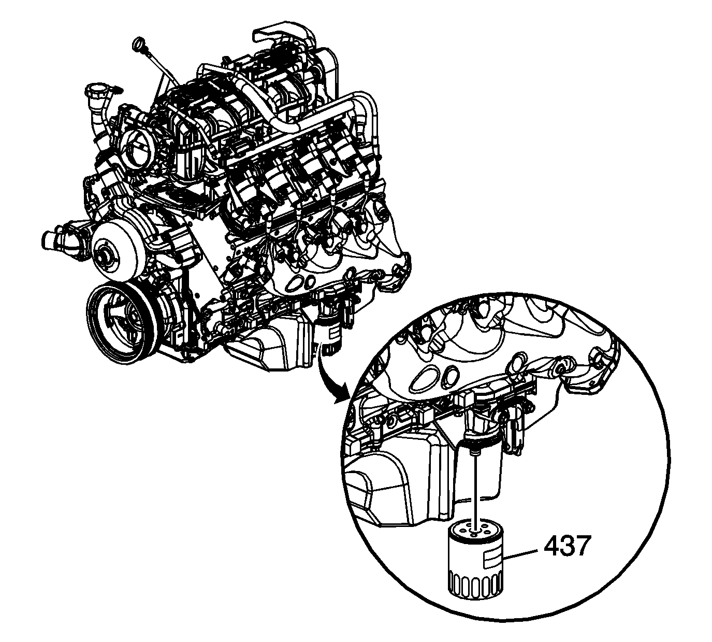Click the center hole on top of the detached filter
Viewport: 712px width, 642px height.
pos(473,534)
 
